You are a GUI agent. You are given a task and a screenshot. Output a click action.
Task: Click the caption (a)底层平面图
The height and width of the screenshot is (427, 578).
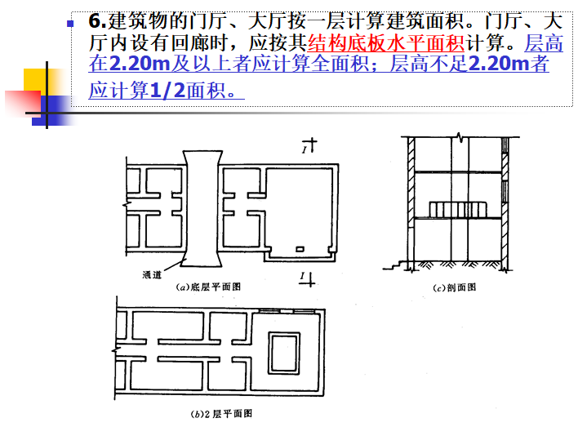coord(209,287)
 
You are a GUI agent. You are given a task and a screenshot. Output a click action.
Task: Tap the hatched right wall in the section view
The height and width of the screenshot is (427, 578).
coord(506,204)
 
